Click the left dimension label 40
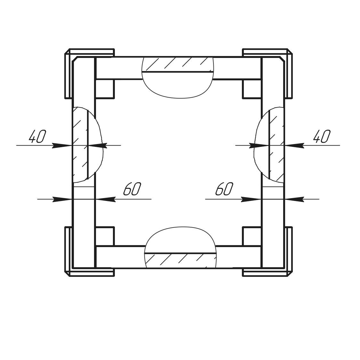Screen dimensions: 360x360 37,136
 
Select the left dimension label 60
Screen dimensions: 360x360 132,189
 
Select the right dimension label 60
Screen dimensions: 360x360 224,189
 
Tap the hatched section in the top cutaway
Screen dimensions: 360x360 178,64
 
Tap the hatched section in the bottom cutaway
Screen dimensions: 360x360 180,260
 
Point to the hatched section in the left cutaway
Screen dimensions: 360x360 80,145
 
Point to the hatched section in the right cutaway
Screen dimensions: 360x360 276,145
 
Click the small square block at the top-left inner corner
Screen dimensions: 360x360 105,89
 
